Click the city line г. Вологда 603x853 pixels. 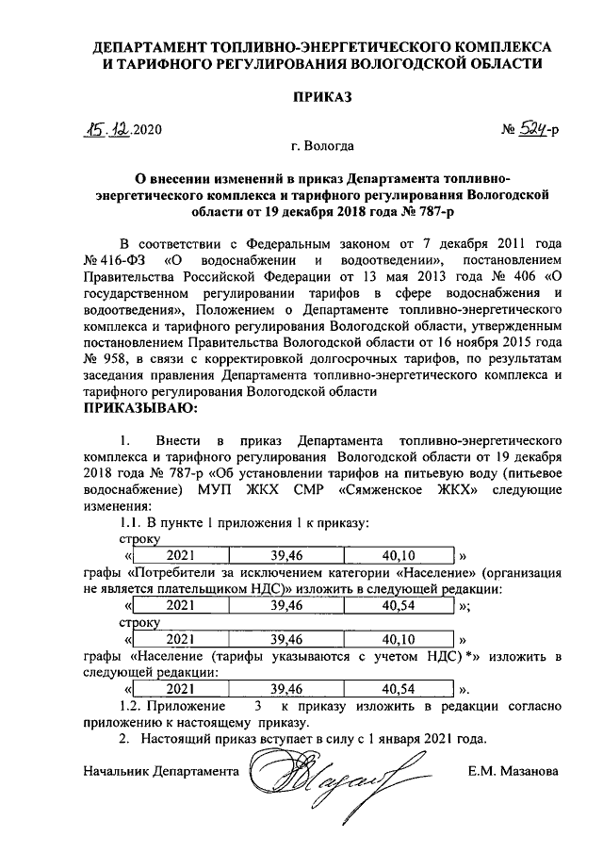[323, 146]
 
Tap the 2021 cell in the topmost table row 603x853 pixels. [180, 554]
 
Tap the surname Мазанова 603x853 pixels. [528, 771]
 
